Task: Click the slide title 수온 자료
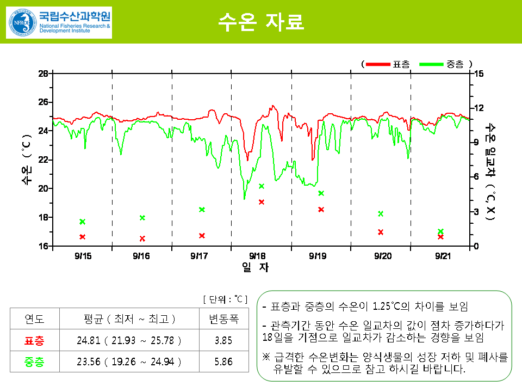[260, 21]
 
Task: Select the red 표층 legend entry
[388, 64]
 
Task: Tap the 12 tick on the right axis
[478, 108]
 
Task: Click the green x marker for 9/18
[262, 186]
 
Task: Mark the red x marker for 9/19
[321, 210]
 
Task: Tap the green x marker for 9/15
[83, 222]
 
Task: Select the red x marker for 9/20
[381, 232]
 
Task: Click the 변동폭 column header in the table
[223, 318]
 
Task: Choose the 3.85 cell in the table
[223, 341]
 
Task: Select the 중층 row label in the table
[35, 362]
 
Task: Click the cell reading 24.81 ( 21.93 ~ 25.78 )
[129, 341]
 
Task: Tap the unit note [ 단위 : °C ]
[225, 299]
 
